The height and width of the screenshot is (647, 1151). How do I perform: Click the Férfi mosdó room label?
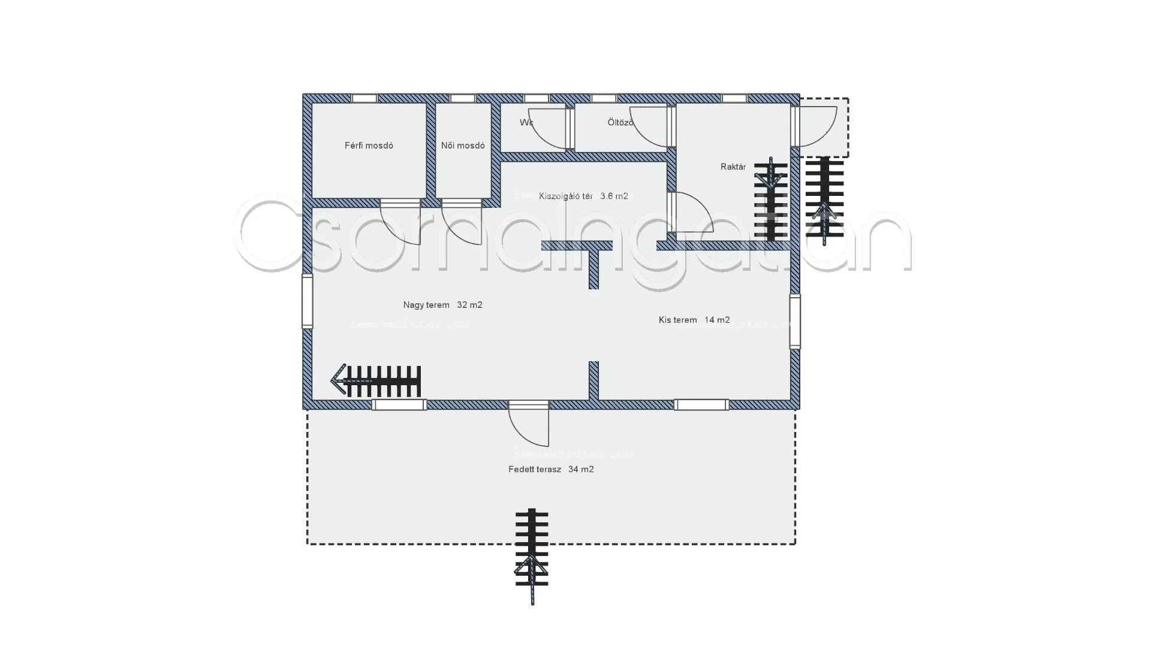pos(369,146)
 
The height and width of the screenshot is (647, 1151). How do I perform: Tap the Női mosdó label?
pos(463,146)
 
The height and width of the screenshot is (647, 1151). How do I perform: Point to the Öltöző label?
pos(620,122)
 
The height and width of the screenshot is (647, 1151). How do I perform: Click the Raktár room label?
pos(733,167)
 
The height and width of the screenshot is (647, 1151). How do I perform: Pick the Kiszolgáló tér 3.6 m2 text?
pos(583,196)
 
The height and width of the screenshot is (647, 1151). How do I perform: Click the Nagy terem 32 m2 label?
pos(442,305)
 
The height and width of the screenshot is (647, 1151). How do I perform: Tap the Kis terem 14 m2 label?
pos(694,320)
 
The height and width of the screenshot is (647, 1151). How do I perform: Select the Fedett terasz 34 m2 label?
pos(551,469)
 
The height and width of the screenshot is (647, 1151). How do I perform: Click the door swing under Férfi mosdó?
pos(400,222)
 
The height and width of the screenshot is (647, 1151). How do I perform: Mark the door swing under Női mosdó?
pos(462,222)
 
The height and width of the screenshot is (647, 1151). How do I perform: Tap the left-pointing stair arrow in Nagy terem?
pos(376,381)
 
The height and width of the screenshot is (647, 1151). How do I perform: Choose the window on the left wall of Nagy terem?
pos(307,301)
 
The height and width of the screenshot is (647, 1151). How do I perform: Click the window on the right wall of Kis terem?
pos(795,322)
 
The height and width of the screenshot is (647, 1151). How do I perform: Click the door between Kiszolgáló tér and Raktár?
pos(689,212)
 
